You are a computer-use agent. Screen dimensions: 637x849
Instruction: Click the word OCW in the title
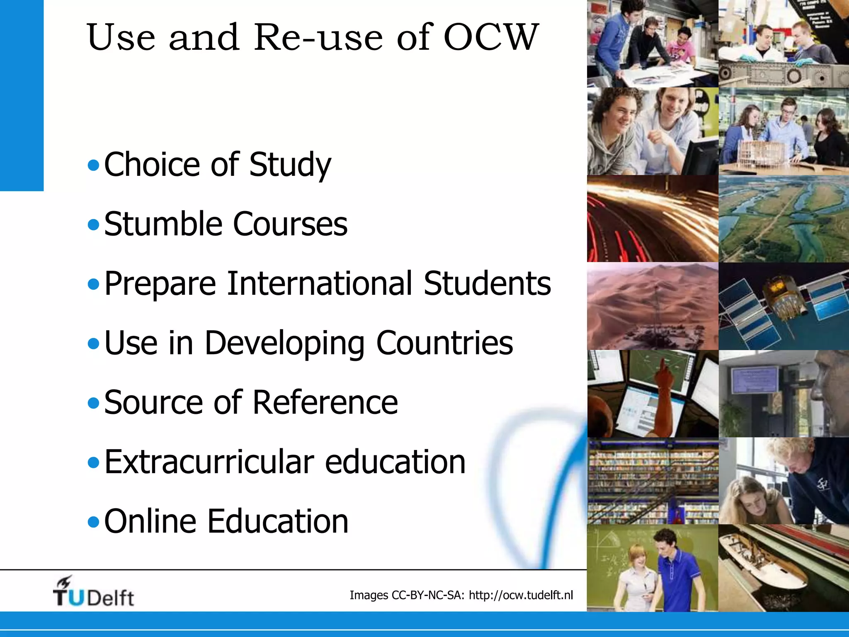coord(491,37)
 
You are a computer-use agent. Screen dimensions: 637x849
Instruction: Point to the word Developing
coord(284,343)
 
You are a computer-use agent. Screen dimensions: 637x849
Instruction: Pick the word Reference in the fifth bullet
coord(325,402)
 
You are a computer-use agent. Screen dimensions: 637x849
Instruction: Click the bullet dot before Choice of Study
coord(94,166)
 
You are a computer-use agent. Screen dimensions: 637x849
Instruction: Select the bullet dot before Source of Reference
coord(94,403)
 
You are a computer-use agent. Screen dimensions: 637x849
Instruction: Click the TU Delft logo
coord(93,592)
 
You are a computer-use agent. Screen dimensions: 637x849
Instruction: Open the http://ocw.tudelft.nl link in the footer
coord(521,595)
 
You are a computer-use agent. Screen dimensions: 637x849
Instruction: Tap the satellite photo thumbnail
coord(784,306)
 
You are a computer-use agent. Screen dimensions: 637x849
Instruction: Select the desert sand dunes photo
coord(653,306)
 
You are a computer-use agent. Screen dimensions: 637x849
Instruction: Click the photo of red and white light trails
coord(653,219)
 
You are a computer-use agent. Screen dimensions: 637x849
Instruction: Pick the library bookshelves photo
coord(653,481)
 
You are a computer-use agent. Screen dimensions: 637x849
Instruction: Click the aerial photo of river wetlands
coord(784,219)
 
